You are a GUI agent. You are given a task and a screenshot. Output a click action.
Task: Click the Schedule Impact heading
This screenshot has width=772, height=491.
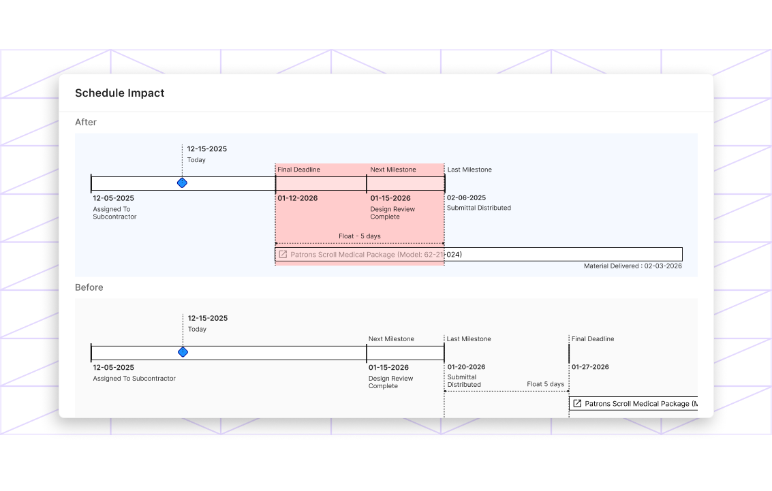[x=119, y=93]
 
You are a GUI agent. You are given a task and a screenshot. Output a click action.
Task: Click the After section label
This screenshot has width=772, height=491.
[x=86, y=123]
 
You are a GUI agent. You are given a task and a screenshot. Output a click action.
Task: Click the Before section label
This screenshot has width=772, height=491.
[x=89, y=287]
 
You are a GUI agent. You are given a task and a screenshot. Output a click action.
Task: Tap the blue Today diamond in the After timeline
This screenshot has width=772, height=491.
[x=182, y=183]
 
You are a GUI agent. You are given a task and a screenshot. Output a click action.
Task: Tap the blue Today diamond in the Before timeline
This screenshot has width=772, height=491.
[x=183, y=352]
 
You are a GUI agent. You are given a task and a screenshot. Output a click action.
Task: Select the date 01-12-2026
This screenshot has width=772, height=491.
[x=297, y=198]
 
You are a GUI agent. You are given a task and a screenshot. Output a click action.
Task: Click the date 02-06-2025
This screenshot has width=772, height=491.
[x=466, y=197]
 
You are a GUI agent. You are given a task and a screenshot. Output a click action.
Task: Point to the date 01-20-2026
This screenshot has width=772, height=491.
[x=466, y=367]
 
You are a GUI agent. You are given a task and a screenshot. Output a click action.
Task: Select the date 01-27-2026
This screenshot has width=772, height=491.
[x=590, y=367]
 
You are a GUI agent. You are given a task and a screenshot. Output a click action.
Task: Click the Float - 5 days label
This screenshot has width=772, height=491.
[x=360, y=236]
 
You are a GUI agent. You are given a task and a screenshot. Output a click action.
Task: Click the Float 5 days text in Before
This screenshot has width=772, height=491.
[x=545, y=384]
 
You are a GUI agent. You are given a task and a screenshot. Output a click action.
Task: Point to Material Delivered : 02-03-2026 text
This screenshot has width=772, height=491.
[x=632, y=266]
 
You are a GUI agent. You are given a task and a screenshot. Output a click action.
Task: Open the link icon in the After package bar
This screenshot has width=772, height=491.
[x=283, y=255]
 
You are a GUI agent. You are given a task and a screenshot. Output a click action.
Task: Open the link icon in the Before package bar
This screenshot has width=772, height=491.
[x=577, y=404]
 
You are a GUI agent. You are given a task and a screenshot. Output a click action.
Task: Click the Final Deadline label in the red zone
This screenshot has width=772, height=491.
[x=298, y=170]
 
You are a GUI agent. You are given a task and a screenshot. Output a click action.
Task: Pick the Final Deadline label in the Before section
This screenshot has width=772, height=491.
[x=592, y=339]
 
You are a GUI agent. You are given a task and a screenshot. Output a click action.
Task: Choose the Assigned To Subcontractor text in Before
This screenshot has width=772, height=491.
[x=134, y=379]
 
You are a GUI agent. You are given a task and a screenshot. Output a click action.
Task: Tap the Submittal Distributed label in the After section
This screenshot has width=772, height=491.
[x=478, y=208]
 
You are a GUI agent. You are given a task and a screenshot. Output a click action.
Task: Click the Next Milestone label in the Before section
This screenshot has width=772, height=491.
[x=391, y=339]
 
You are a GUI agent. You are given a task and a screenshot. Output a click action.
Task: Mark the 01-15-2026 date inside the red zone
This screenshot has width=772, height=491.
[x=390, y=198]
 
